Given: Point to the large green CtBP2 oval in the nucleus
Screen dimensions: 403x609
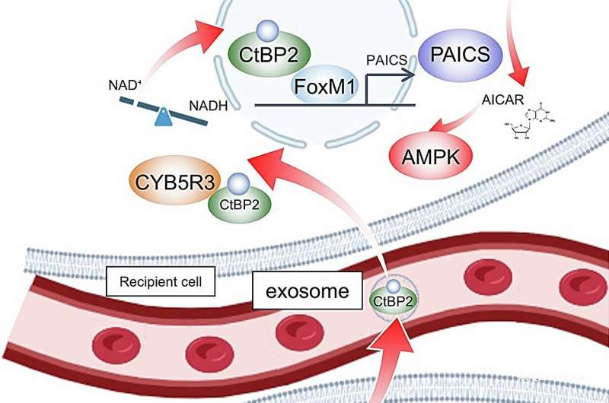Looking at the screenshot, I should tap(263, 54).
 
